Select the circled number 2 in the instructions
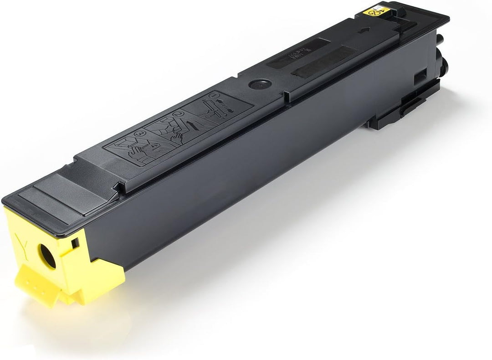coord(178,114)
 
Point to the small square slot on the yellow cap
coord(75,243)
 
